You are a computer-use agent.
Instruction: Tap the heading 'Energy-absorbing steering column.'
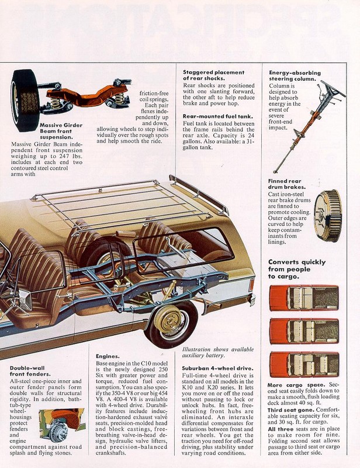click(x=293, y=75)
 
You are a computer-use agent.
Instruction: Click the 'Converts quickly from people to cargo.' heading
click(x=297, y=269)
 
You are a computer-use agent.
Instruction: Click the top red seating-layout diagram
click(x=304, y=297)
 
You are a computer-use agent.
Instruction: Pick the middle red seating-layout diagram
click(x=304, y=331)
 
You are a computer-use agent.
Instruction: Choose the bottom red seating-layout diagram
click(x=304, y=364)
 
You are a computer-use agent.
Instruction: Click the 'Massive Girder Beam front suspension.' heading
click(x=61, y=131)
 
